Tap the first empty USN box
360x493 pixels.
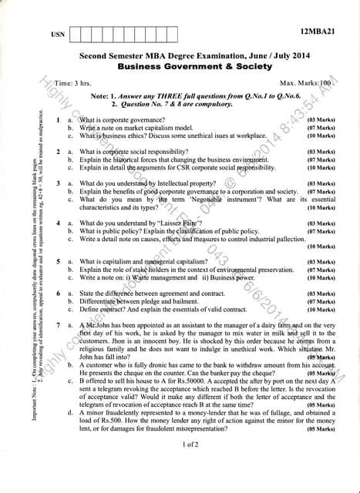(x=76, y=34)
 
